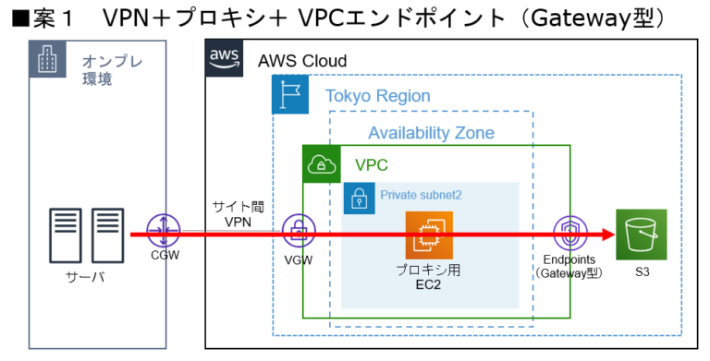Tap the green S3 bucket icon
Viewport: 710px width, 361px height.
click(x=641, y=234)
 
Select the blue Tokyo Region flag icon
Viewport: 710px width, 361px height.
click(x=290, y=95)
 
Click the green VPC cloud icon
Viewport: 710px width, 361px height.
click(x=322, y=164)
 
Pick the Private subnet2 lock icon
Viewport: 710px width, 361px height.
click(x=359, y=198)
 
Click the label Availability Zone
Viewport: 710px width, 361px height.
click(x=431, y=133)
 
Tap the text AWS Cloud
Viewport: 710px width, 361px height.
click(x=302, y=61)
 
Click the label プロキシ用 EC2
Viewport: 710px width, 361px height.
click(x=429, y=277)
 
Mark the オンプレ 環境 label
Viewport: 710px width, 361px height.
click(x=98, y=70)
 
